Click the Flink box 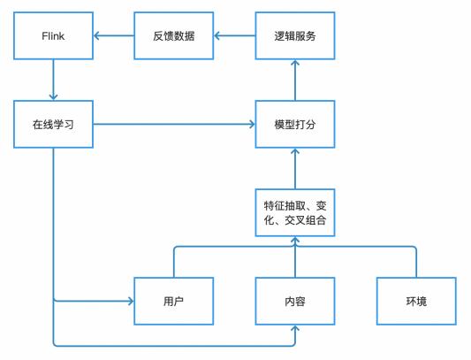[x=53, y=35]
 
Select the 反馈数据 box [x=173, y=35]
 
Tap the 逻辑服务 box [x=295, y=35]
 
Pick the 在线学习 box [x=53, y=124]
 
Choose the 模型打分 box [x=295, y=124]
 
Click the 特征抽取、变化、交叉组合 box [x=295, y=212]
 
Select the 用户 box [x=173, y=301]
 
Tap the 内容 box [x=295, y=301]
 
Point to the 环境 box [x=416, y=301]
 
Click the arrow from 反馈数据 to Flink [x=114, y=35]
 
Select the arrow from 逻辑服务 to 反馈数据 [x=234, y=35]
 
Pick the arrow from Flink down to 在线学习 [x=53, y=80]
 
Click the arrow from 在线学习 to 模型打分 [x=174, y=124]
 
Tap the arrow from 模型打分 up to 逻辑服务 [x=295, y=80]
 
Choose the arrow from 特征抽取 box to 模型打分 [x=295, y=168]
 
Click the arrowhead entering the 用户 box [x=131, y=301]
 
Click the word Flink [x=53, y=36]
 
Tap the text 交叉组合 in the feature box [x=305, y=220]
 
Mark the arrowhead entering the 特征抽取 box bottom [x=295, y=240]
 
